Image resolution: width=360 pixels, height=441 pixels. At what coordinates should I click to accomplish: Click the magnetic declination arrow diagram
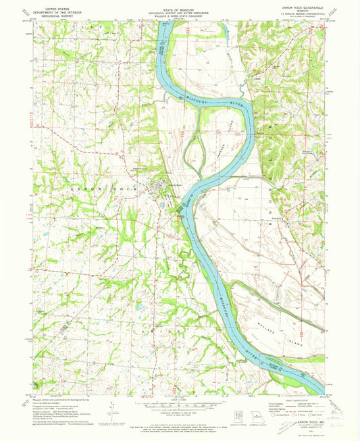click(x=111, y=408)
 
